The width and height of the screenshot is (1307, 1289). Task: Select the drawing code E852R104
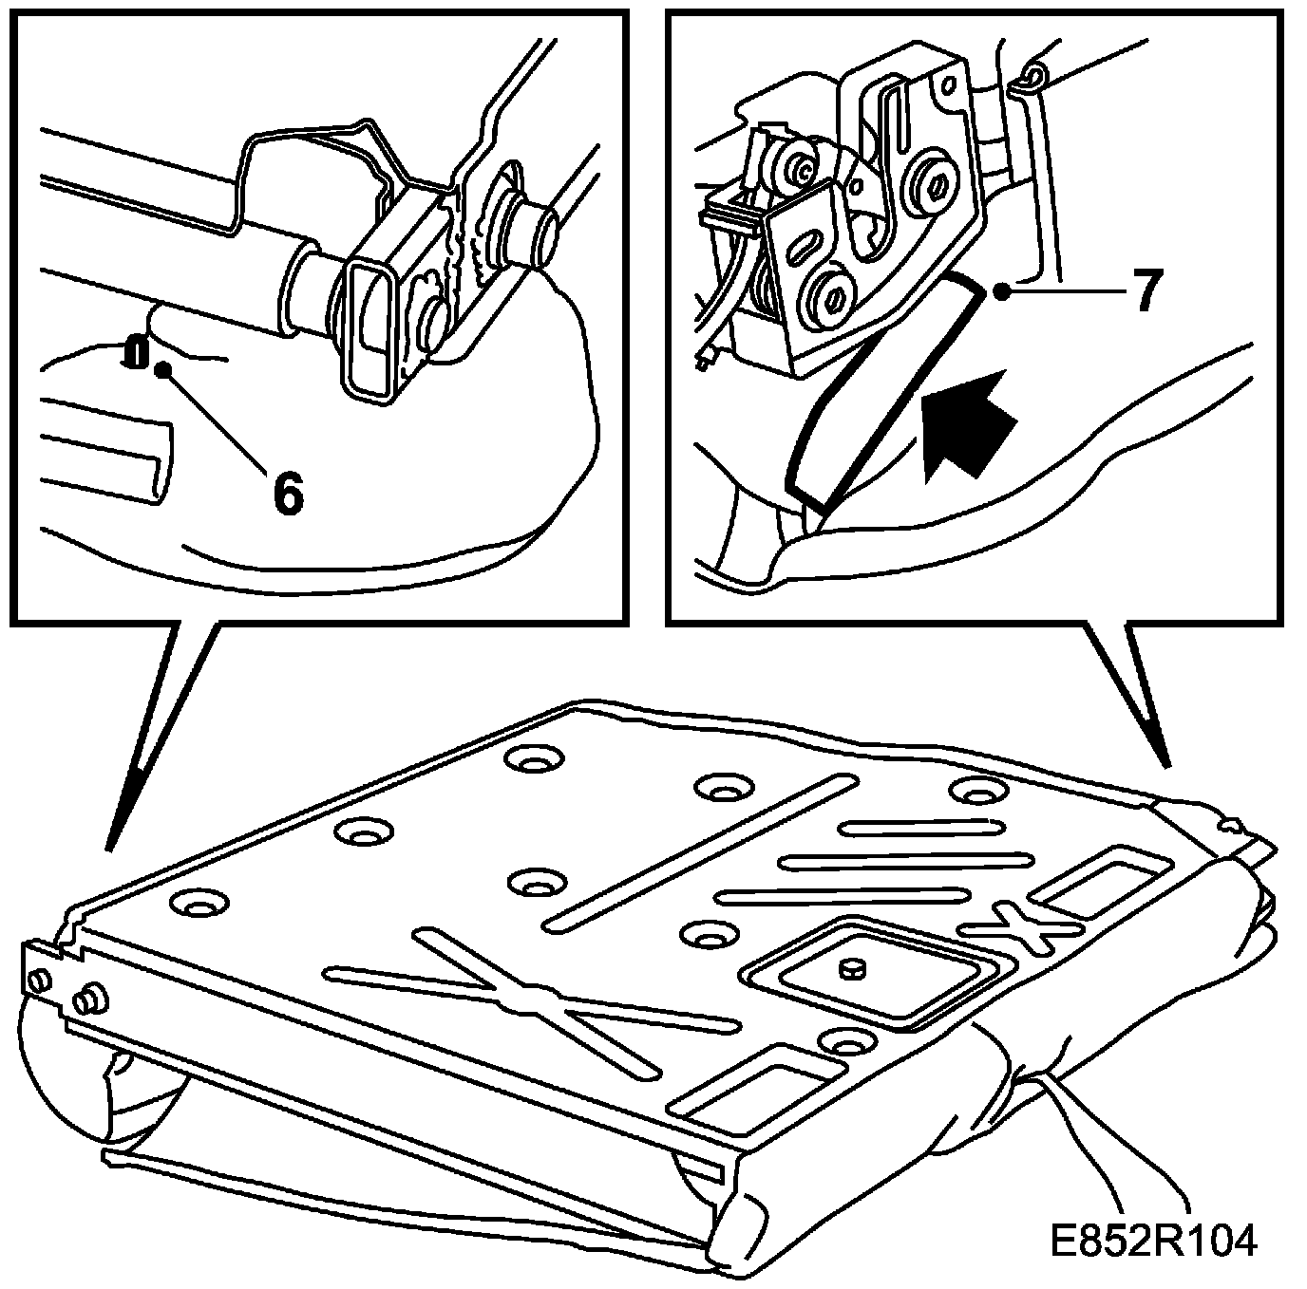(x=1153, y=1241)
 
